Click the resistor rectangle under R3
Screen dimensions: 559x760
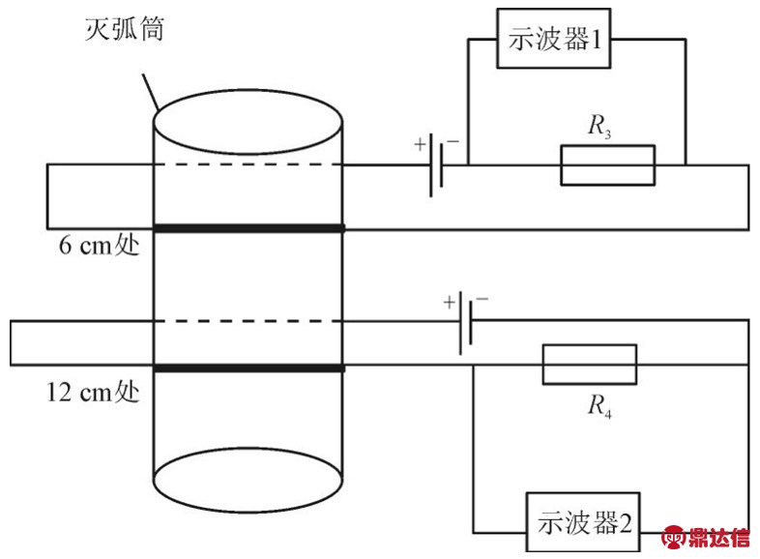tap(608, 165)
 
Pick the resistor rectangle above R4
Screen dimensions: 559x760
tap(590, 364)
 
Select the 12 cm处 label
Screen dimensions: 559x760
tap(93, 394)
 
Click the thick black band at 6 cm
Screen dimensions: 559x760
tap(249, 228)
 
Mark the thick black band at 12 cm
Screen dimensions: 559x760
tap(249, 368)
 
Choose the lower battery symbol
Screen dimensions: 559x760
tap(466, 321)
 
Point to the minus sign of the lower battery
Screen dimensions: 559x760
tap(482, 300)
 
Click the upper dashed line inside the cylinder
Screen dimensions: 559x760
tap(249, 165)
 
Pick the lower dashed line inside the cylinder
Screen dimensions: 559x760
tap(249, 320)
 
